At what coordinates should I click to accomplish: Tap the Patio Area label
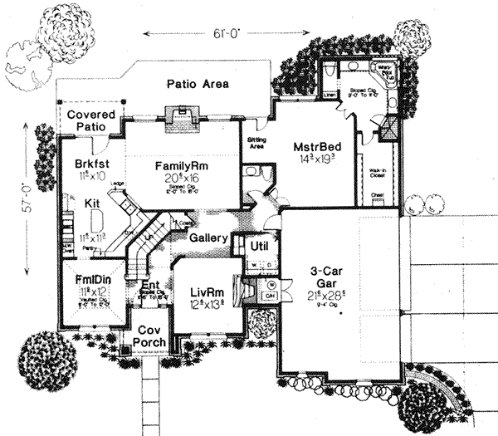(x=198, y=84)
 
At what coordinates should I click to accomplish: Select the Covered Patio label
(x=91, y=120)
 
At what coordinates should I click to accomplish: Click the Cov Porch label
(x=149, y=335)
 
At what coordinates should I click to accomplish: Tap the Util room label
(x=256, y=247)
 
